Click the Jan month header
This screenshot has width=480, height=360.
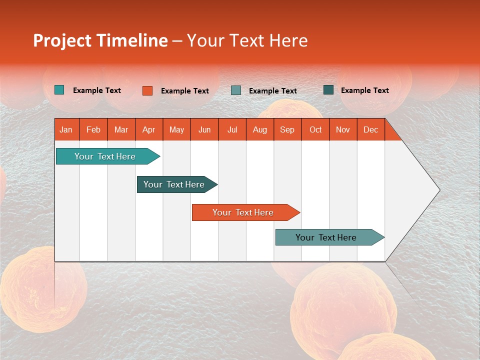[66, 130]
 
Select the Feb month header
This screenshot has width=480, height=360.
[93, 130]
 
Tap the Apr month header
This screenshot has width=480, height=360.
[148, 130]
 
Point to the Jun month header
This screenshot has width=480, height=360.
[204, 130]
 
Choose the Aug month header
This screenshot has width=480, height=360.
[259, 130]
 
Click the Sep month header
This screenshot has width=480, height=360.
[287, 130]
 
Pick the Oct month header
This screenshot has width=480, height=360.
[315, 130]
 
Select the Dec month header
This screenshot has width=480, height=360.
[370, 130]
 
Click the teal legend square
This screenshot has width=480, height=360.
[59, 90]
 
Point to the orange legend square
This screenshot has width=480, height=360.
[147, 90]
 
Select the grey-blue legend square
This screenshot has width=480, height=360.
[236, 90]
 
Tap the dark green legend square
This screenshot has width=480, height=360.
[328, 90]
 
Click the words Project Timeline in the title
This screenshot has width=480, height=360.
[100, 40]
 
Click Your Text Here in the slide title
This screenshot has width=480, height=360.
[247, 40]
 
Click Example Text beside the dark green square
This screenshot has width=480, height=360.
[364, 90]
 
